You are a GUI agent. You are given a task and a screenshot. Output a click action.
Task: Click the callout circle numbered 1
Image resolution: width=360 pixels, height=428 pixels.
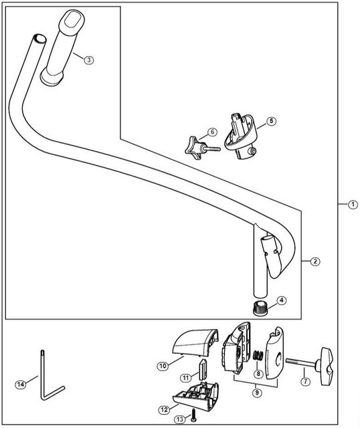click(x=353, y=204)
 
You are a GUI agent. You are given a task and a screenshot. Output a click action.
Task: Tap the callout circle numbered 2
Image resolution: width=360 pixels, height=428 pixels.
click(x=315, y=261)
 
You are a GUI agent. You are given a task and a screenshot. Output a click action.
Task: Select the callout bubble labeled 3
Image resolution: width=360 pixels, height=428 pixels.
click(x=89, y=60)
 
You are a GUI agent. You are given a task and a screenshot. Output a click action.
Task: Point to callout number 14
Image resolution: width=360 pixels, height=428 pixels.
click(x=21, y=385)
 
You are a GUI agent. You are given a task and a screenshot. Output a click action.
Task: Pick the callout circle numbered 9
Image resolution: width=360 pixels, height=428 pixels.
click(x=257, y=393)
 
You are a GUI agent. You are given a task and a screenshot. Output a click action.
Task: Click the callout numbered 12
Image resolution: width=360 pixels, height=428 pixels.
click(x=165, y=410)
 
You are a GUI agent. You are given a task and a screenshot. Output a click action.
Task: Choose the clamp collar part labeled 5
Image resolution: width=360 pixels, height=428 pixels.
click(x=241, y=136)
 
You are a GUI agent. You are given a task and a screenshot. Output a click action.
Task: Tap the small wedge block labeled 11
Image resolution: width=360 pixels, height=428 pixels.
click(x=202, y=369)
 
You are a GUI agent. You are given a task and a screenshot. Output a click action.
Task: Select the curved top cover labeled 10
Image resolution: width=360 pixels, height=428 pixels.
click(x=195, y=343)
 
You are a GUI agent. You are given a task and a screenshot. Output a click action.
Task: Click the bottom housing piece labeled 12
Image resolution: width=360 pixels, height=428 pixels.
click(x=196, y=396)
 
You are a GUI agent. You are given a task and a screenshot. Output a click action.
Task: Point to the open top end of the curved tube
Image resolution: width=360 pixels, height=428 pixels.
click(x=40, y=39)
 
